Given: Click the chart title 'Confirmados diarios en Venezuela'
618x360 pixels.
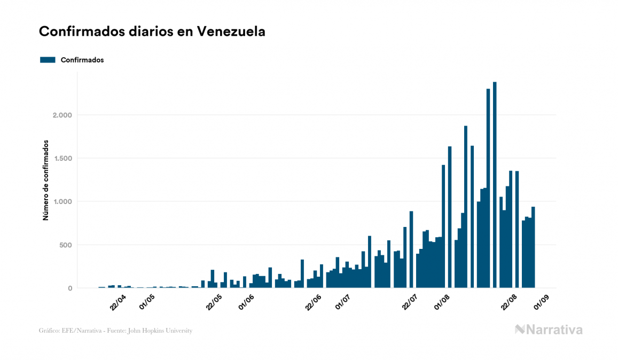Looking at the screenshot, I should pos(152,32).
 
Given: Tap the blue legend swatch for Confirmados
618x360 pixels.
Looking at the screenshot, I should pos(48,60).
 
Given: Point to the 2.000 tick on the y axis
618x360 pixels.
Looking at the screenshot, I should pos(62,115).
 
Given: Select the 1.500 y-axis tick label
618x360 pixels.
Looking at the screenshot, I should pos(62,158).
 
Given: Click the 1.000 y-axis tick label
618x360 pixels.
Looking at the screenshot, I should pos(62,201).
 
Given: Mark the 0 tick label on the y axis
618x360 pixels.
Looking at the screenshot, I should pos(70,288).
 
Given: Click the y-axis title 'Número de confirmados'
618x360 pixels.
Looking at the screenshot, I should pos(46,181).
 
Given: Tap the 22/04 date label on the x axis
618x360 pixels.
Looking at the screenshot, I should pos(118,301).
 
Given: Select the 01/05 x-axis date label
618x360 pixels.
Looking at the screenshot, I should pos(147,301).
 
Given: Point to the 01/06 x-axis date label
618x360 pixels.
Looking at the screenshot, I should pos(246,301).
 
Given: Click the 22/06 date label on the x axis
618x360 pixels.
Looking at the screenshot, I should pos(314,301).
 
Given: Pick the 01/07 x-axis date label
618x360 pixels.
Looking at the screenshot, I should pos(342,301).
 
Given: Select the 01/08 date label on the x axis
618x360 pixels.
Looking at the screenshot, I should pos(442,301).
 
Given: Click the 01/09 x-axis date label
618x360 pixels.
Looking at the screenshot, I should pos(542,301).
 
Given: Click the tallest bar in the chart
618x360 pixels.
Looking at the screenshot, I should pos(495,187).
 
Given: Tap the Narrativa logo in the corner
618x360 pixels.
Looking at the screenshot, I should pos(549,330).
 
